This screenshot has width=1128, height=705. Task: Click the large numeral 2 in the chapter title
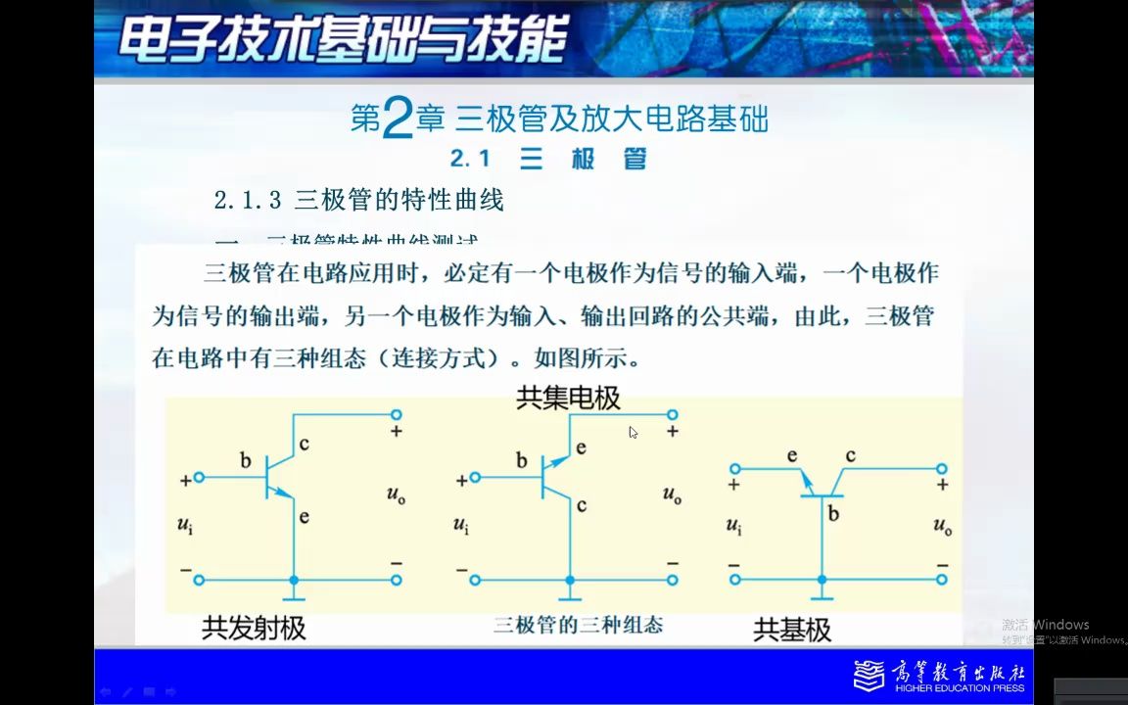pyautogui.click(x=396, y=119)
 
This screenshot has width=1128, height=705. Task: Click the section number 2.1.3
pyautogui.click(x=248, y=201)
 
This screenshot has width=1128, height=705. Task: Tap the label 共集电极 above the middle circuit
pyautogui.click(x=568, y=399)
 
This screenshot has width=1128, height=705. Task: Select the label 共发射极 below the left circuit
pyautogui.click(x=254, y=628)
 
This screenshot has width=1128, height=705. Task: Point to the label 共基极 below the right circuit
pyautogui.click(x=792, y=630)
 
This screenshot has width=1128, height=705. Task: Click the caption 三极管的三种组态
pyautogui.click(x=578, y=625)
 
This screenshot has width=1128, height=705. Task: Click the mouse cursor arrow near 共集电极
pyautogui.click(x=634, y=432)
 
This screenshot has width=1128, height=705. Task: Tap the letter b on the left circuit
pyautogui.click(x=246, y=459)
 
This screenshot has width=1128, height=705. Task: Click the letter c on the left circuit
pyautogui.click(x=305, y=444)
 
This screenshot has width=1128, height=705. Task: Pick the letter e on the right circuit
pyautogui.click(x=792, y=455)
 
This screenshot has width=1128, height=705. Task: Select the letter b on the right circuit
pyautogui.click(x=833, y=512)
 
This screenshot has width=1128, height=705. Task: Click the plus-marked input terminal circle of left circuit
pyautogui.click(x=199, y=478)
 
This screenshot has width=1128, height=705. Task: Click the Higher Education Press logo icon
pyautogui.click(x=869, y=676)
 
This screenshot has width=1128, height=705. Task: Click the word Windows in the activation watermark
pyautogui.click(x=1061, y=625)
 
